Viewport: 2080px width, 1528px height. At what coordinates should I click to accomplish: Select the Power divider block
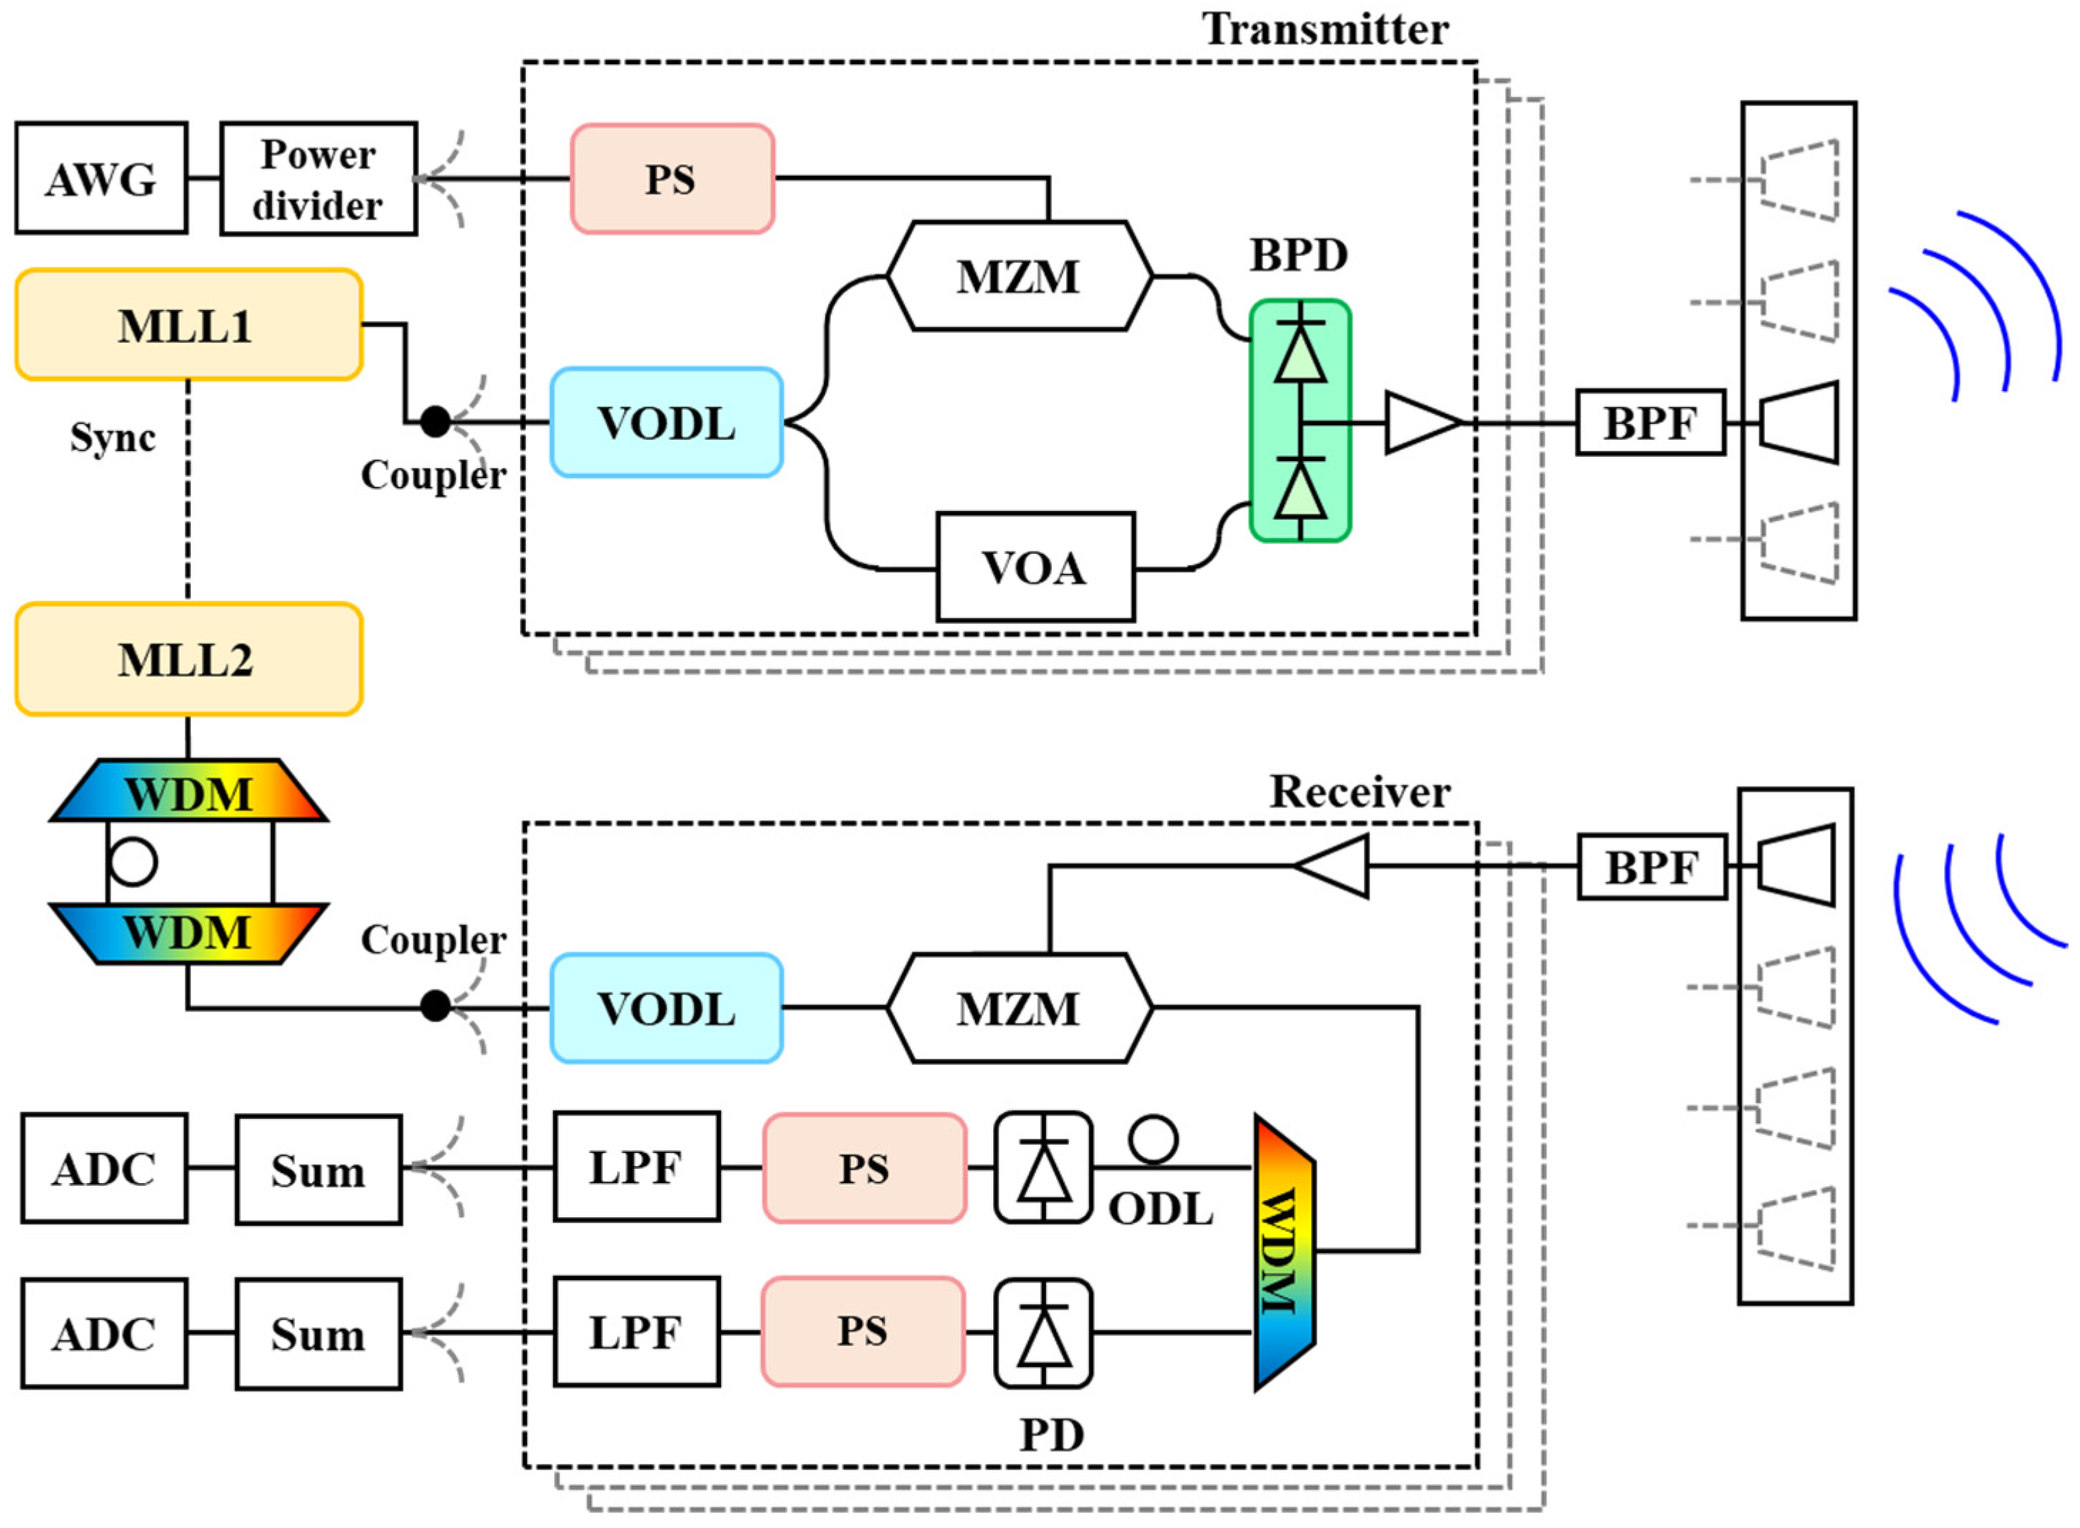coord(318,178)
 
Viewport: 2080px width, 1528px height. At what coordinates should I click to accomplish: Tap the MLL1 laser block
coord(187,325)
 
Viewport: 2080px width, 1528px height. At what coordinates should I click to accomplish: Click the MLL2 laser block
coord(187,659)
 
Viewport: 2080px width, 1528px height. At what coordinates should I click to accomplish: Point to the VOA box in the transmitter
coord(1035,567)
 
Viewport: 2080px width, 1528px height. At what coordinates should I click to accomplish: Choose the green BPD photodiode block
coord(1300,421)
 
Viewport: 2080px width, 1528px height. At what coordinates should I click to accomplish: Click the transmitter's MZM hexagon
coord(1019,276)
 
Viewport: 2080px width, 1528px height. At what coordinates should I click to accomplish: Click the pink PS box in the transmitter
coord(671,178)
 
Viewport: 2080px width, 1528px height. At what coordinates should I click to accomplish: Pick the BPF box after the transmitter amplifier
coord(1650,423)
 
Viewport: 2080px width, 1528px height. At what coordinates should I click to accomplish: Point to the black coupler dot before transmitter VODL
coord(435,422)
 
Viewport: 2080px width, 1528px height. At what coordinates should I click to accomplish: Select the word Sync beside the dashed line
coord(113,438)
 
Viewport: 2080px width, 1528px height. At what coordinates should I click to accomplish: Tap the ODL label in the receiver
coord(1160,1208)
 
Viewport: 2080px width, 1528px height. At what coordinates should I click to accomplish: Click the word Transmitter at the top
coord(1325,30)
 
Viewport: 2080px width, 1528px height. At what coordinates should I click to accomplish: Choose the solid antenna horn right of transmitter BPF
coord(1798,422)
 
